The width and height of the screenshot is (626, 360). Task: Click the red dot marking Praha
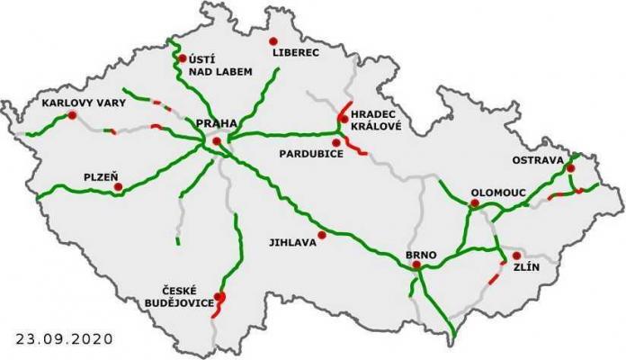[x=217, y=142]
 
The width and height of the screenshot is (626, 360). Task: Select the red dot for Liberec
[x=273, y=41]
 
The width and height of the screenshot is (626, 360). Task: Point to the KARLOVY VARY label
[x=85, y=103]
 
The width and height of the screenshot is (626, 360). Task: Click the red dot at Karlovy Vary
[x=71, y=115]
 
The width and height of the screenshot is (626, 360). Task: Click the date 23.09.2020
[x=66, y=339]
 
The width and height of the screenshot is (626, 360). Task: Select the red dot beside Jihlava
[x=321, y=236]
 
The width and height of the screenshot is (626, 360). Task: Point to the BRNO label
[x=421, y=256]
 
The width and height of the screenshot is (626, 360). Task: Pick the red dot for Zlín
[x=516, y=256]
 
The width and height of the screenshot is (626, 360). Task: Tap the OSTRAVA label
[x=538, y=160]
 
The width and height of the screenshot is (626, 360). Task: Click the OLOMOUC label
[x=496, y=193]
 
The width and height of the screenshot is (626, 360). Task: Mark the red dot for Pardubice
[x=336, y=142]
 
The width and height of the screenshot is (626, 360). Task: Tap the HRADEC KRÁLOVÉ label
[x=379, y=121]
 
